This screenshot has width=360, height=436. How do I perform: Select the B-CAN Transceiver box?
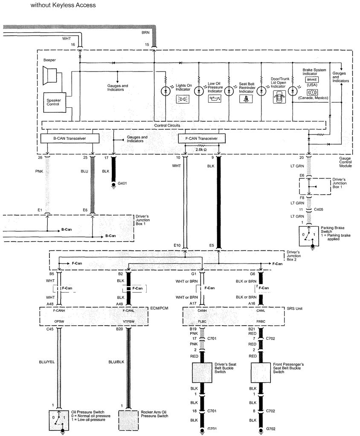pos(70,138)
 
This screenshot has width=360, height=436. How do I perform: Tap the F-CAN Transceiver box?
pos(201,138)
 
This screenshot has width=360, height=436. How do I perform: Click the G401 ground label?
pos(122,184)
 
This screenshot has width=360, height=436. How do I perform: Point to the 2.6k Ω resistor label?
pos(201,150)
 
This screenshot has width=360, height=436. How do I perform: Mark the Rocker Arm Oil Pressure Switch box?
pos(128,419)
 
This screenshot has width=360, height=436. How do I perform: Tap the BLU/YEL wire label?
pos(48,363)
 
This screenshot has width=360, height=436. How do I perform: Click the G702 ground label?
pos(272,431)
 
